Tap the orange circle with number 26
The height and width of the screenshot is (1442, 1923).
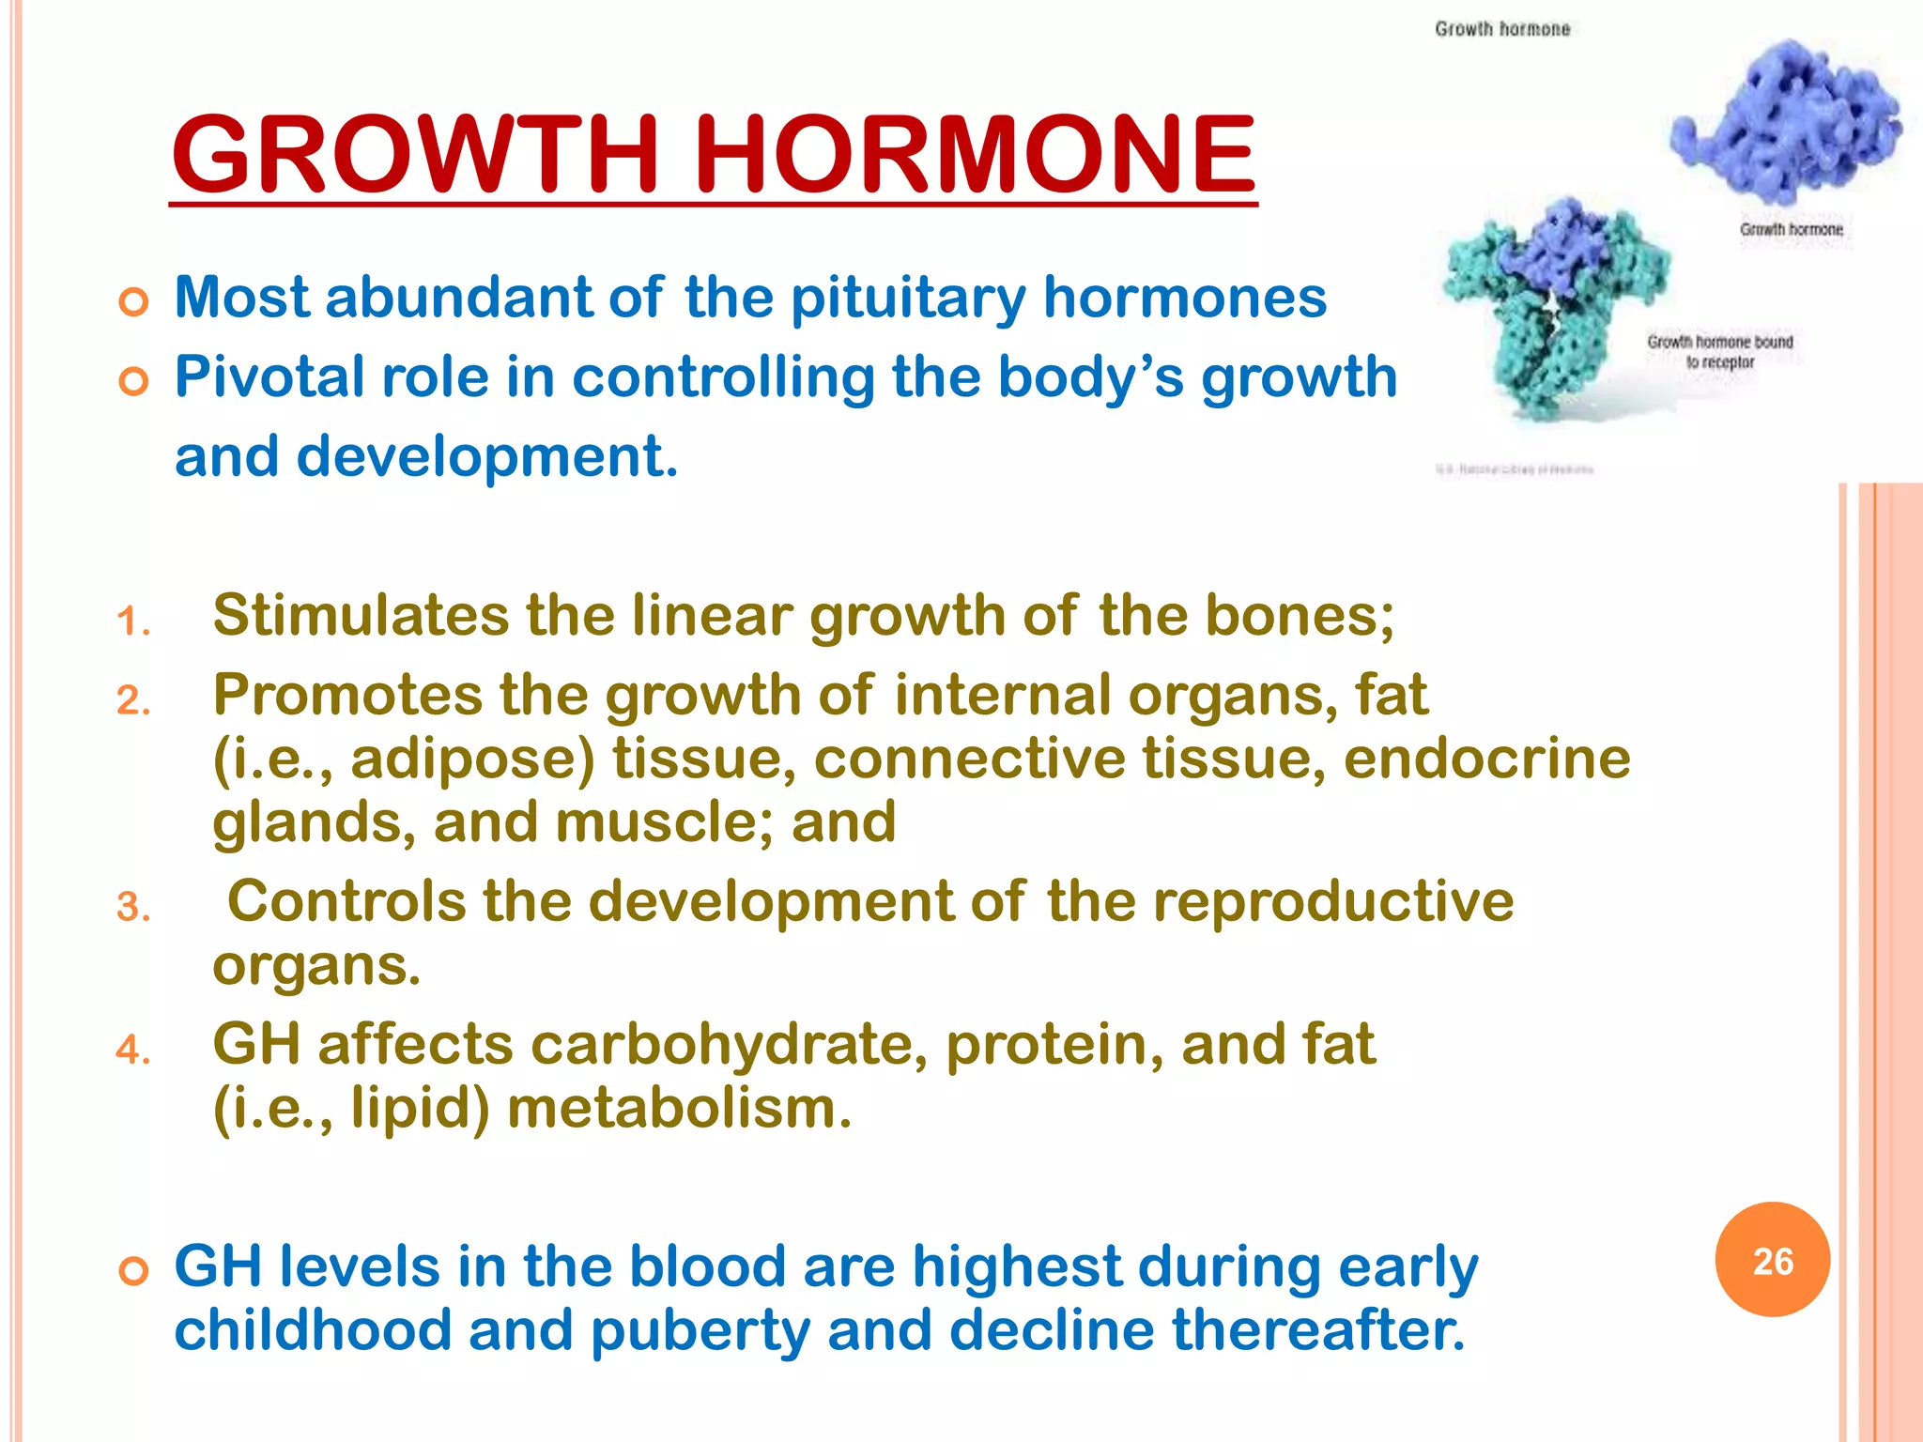(x=1772, y=1260)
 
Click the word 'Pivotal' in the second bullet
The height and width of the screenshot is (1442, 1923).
(x=269, y=377)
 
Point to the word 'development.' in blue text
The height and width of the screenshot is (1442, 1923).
(x=486, y=457)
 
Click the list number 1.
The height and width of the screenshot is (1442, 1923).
(x=133, y=621)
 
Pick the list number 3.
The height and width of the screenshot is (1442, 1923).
(x=133, y=908)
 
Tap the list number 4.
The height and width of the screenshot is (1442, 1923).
(x=133, y=1050)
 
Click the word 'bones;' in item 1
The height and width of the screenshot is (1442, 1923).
(x=1300, y=617)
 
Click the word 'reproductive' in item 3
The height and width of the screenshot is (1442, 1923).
(x=1333, y=902)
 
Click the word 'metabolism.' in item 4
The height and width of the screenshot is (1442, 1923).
(x=679, y=1109)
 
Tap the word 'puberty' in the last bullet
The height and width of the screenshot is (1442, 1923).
(x=700, y=1331)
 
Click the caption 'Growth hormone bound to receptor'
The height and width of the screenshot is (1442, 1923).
(x=1719, y=351)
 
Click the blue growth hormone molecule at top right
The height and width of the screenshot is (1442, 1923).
(x=1784, y=122)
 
